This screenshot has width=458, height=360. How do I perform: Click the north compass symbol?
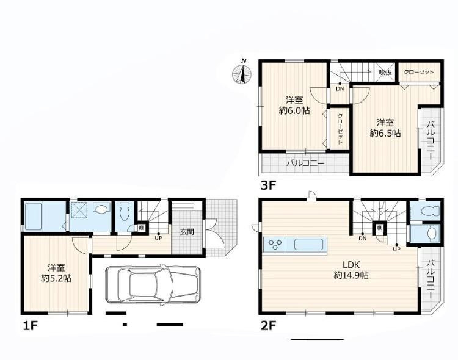point(242,73)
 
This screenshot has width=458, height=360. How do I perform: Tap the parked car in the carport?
point(153,284)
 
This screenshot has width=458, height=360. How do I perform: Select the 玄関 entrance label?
point(187,232)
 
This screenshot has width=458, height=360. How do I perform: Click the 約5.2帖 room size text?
point(56,278)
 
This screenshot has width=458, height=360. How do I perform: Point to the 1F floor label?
point(31,326)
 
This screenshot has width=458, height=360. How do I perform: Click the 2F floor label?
point(268,326)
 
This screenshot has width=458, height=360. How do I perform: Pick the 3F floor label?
point(268,185)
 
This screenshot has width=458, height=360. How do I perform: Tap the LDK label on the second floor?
point(351,265)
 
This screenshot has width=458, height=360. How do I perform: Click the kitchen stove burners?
point(275,244)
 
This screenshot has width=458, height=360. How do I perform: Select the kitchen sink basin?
point(308,245)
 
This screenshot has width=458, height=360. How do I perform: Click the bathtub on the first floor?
point(33,217)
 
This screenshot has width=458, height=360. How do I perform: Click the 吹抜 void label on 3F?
point(385,72)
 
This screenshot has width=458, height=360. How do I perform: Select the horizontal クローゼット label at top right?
point(419,72)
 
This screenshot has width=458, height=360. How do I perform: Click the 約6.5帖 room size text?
point(385,133)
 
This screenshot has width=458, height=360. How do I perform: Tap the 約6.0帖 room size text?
point(294,111)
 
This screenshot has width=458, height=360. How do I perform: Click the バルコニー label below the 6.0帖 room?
point(305,163)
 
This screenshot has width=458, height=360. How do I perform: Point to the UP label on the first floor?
point(158,238)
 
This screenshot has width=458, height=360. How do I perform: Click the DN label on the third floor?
point(340,88)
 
